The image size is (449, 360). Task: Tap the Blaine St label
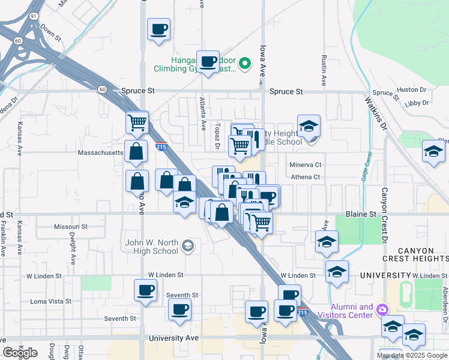tap(361, 214)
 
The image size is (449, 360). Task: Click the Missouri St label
tap(70, 227)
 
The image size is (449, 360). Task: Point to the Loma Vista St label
tap(50, 301)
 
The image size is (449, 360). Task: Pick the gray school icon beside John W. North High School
tap(188, 245)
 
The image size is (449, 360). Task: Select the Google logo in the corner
tap(20, 353)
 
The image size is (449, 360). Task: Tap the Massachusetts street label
tap(100, 153)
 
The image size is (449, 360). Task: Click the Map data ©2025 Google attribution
tap(411, 355)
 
